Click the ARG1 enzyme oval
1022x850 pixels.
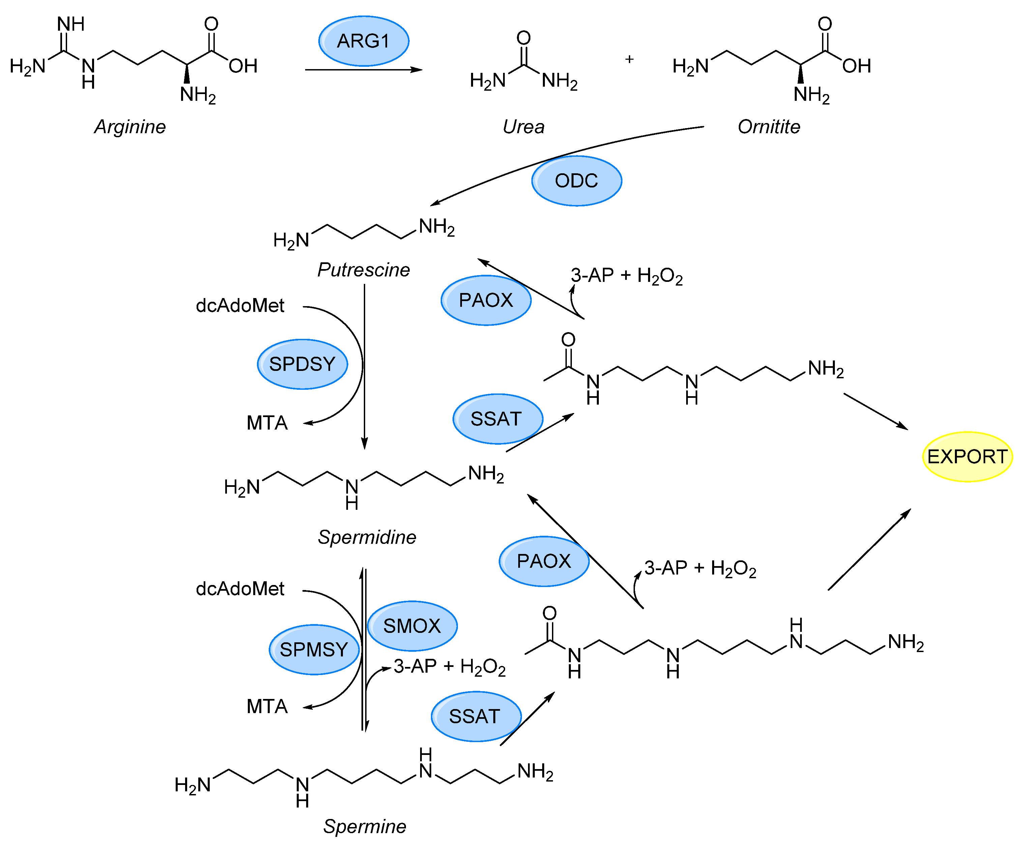coord(363,41)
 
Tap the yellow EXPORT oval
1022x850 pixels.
coord(967,457)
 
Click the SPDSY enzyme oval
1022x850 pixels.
coord(302,364)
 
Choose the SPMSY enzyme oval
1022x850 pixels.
coord(314,649)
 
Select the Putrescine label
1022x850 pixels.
coord(363,269)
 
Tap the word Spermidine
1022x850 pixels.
coord(367,537)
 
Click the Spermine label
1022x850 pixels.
coord(364,826)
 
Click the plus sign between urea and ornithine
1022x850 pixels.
coord(629,59)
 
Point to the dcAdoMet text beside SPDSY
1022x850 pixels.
coord(240,305)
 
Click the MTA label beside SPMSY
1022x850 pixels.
coord(267,706)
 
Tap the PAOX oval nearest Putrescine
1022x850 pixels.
coord(486,300)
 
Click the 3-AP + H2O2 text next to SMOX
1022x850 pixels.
coord(449,667)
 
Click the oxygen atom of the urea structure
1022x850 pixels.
coord(523,38)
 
